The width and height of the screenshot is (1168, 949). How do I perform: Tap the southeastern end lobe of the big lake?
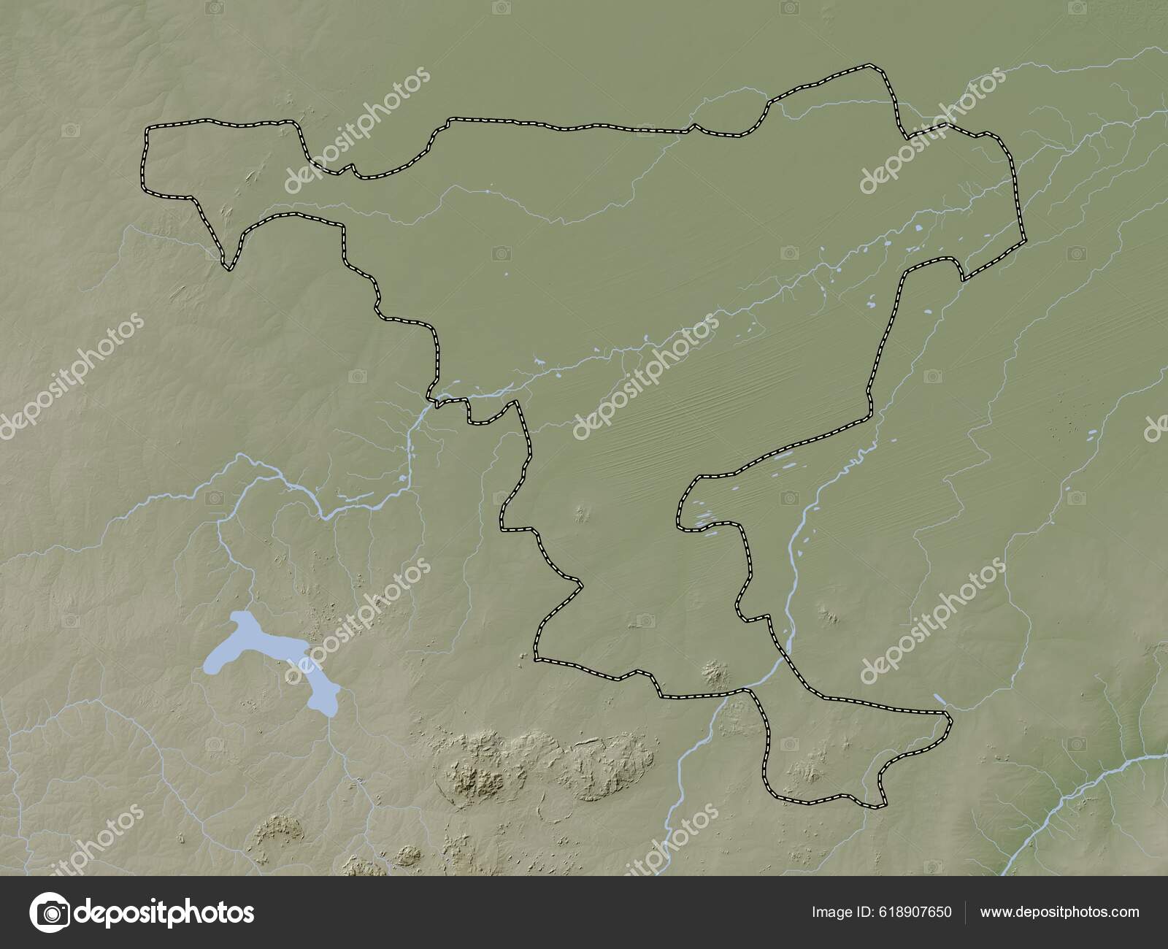pyautogui.click(x=320, y=701)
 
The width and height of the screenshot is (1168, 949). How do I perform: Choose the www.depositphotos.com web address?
pyautogui.click(x=1059, y=912)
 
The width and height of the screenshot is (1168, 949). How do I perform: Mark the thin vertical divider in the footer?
pyautogui.click(x=966, y=912)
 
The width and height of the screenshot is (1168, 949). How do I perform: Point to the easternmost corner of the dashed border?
pyautogui.click(x=1023, y=239)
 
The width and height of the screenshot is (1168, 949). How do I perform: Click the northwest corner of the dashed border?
pyautogui.click(x=147, y=128)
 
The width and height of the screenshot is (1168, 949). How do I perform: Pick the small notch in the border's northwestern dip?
pyautogui.click(x=353, y=169)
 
